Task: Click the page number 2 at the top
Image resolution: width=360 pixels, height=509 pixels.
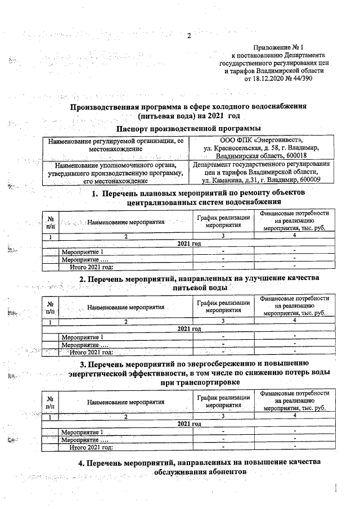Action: point(190,37)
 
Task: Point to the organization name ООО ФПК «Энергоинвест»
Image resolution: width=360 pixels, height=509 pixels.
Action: point(262,140)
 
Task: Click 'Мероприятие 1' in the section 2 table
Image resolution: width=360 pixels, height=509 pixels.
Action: point(82,336)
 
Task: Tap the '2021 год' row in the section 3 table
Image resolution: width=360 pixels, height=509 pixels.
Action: point(188,424)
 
